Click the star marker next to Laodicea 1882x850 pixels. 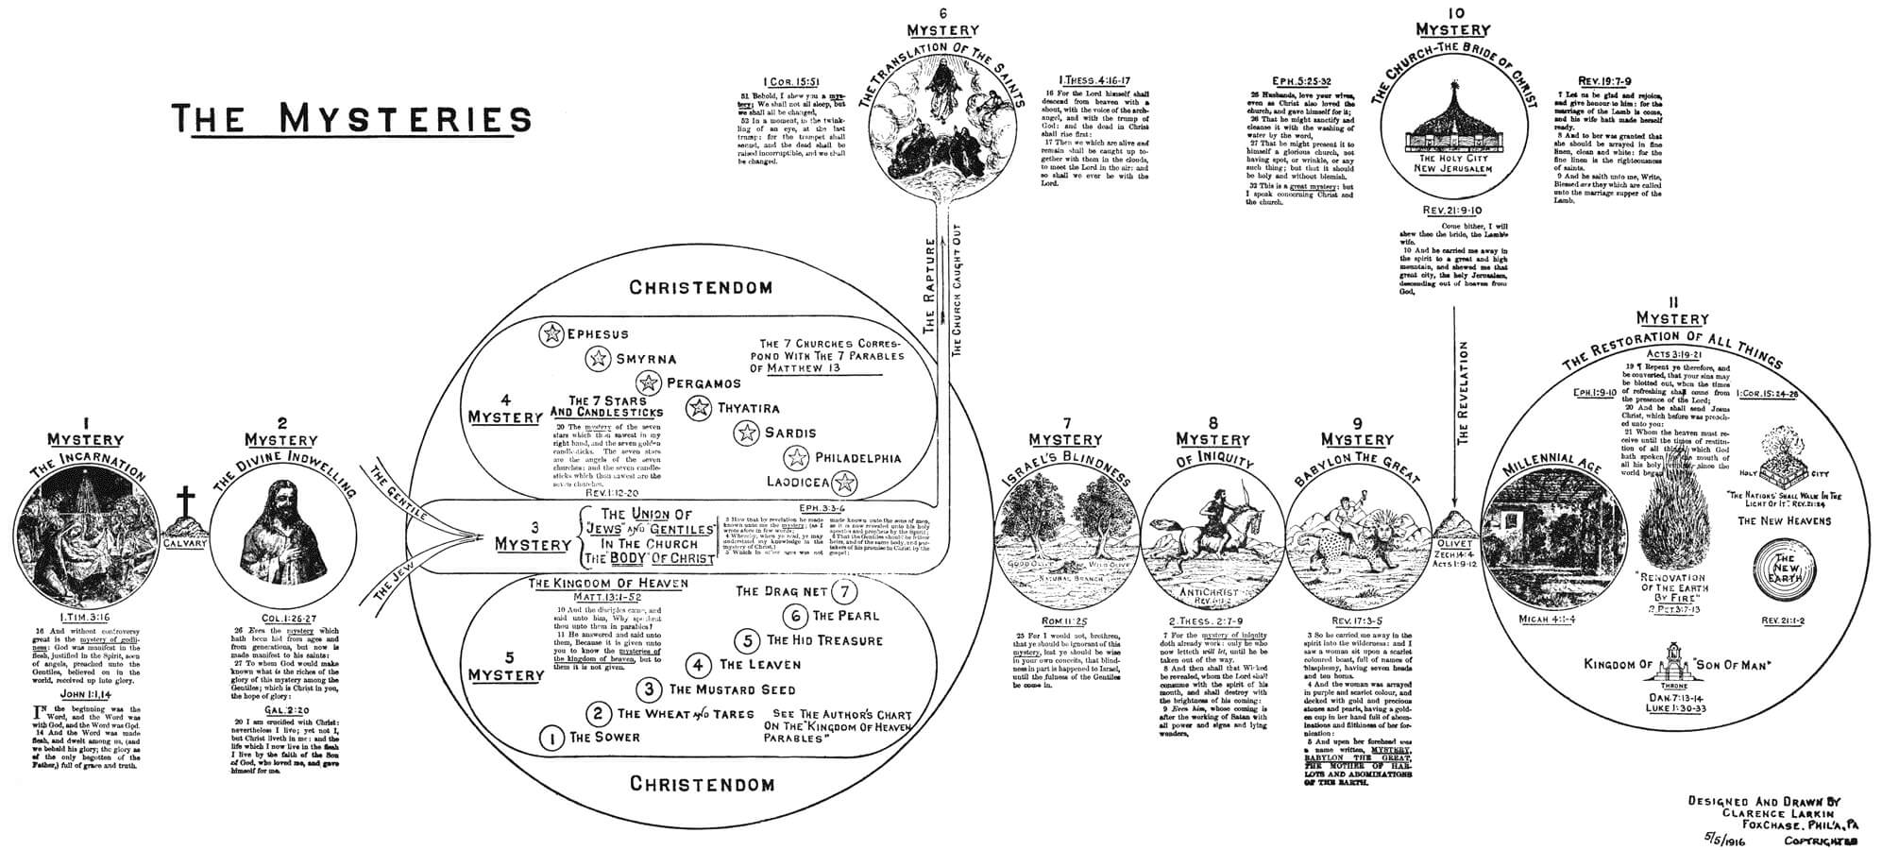coord(845,483)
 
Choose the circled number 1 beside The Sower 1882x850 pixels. coord(551,738)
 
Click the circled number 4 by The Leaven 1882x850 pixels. coord(699,665)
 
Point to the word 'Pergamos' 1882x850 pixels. coord(704,384)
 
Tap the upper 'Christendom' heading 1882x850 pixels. coord(701,287)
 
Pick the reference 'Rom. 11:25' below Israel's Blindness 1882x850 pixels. coord(1064,621)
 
